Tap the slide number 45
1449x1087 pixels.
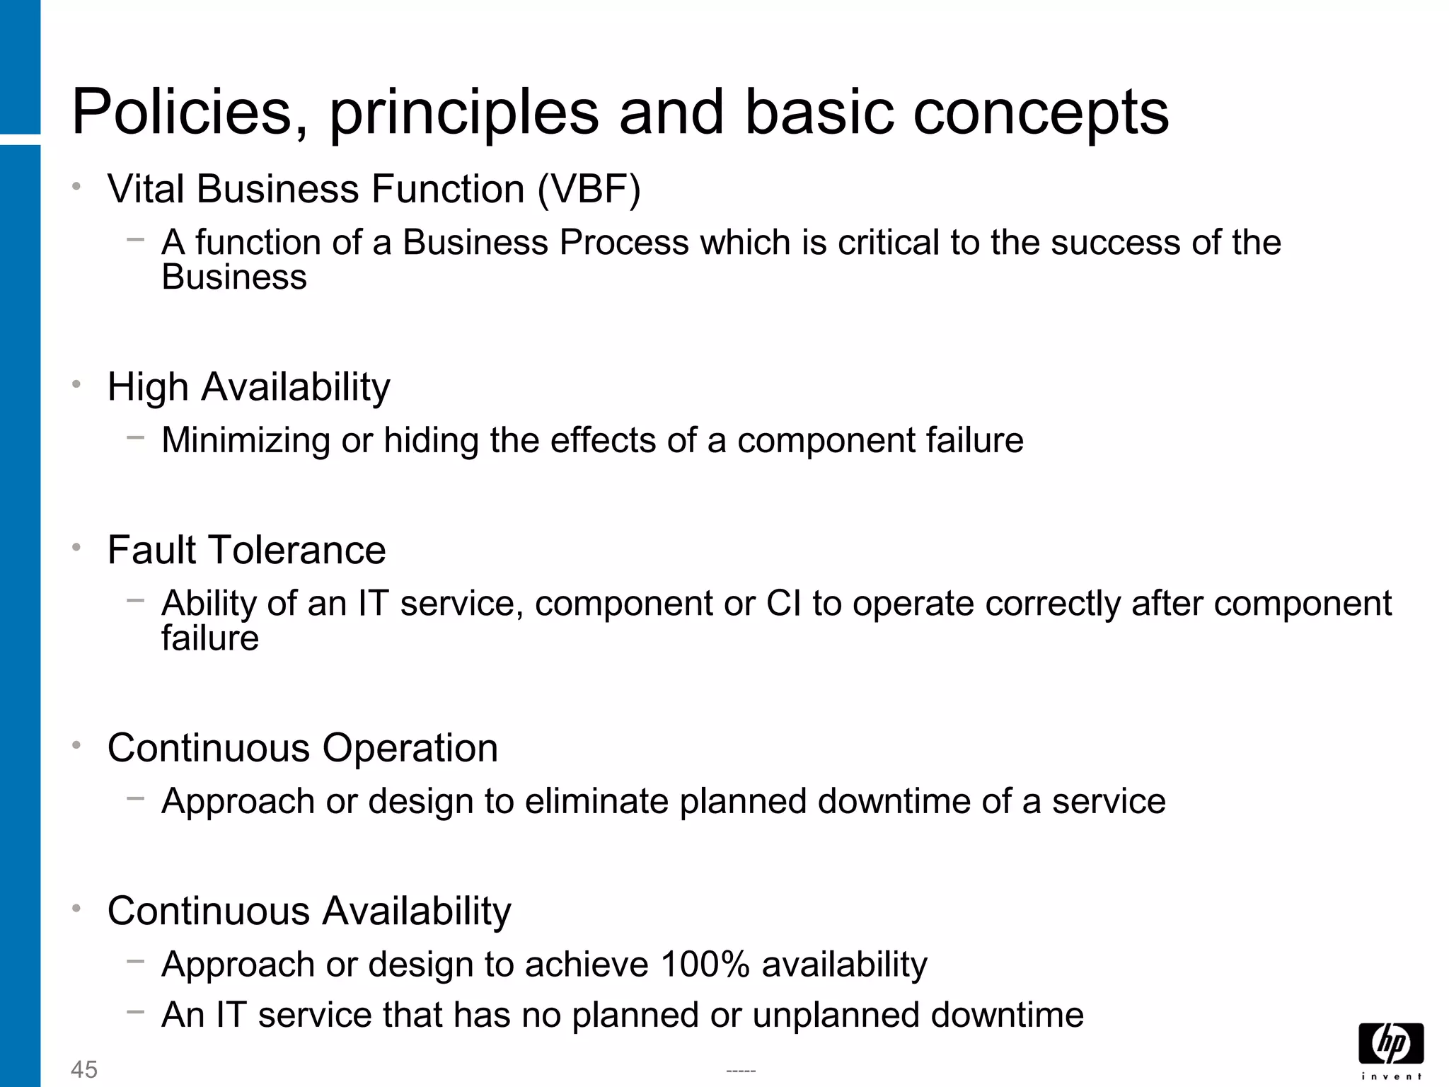[x=84, y=1069]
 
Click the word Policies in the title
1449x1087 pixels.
[x=190, y=113]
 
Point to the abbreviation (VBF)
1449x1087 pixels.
[x=589, y=190]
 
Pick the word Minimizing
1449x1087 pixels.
[x=246, y=441]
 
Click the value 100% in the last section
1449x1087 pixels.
[x=705, y=965]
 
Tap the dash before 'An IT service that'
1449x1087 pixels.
[x=135, y=1011]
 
